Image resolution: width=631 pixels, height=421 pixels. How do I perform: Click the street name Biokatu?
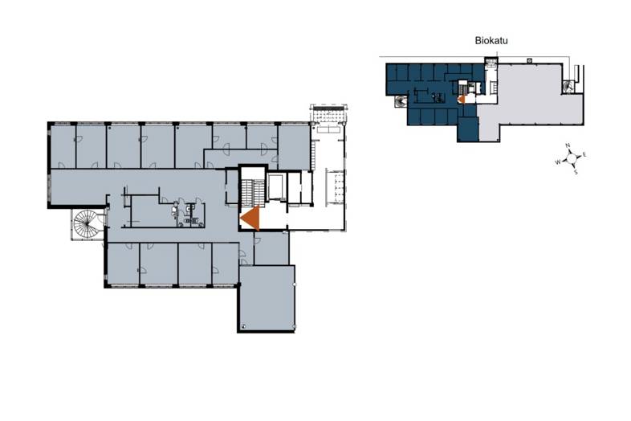491,41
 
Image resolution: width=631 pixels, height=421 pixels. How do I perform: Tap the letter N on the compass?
568,145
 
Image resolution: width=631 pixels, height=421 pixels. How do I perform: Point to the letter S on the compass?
576,172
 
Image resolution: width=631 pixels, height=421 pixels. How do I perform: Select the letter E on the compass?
584,155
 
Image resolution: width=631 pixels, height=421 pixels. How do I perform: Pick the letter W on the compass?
558,162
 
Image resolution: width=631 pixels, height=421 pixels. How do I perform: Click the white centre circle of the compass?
572,159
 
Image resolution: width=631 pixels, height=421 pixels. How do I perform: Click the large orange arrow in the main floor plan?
250,218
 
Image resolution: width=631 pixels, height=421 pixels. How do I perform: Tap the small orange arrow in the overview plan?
462,99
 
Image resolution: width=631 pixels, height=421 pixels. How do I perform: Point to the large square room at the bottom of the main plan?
267,298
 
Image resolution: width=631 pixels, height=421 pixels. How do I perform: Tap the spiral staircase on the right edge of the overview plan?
568,86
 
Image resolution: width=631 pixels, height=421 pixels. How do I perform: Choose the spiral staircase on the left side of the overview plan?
401,102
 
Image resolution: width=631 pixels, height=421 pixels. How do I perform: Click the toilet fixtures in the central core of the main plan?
186,214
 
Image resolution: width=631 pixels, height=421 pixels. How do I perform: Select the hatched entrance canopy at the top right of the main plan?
328,112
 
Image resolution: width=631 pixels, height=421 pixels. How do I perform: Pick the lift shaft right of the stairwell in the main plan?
277,186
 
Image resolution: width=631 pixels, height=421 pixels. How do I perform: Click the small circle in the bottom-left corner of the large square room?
243,326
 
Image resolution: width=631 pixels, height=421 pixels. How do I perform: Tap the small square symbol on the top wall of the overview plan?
530,60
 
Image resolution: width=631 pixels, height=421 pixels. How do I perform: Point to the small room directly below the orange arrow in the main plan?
271,248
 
